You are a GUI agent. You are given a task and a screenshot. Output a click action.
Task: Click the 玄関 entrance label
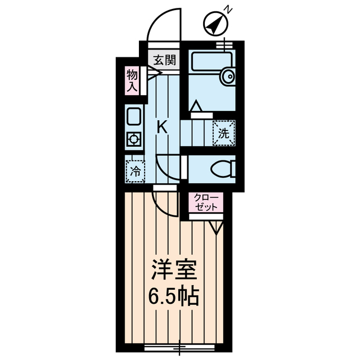pyautogui.click(x=165, y=60)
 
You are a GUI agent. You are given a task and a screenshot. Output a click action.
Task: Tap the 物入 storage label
pyautogui.click(x=132, y=81)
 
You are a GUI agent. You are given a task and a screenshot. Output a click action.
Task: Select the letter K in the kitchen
pyautogui.click(x=163, y=127)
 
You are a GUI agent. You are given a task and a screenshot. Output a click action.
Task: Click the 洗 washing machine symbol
pyautogui.click(x=224, y=133)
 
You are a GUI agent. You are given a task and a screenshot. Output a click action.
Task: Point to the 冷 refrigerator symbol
pyautogui.click(x=136, y=171)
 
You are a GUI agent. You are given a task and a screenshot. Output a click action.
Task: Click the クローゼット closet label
pyautogui.click(x=206, y=202)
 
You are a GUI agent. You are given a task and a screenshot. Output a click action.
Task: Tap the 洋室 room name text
pyautogui.click(x=174, y=269)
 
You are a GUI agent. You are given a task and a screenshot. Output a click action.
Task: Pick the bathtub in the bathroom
pyautogui.click(x=212, y=61)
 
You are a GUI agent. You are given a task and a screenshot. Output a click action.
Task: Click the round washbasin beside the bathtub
pyautogui.click(x=228, y=76)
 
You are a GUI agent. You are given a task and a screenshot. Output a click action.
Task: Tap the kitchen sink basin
pyautogui.click(x=134, y=116)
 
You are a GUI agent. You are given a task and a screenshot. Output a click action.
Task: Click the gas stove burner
pyautogui.click(x=134, y=139)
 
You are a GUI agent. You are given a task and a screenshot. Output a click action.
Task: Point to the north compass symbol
pyautogui.click(x=216, y=24)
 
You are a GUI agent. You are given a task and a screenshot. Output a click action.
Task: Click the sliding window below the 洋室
pyautogui.click(x=179, y=347)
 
